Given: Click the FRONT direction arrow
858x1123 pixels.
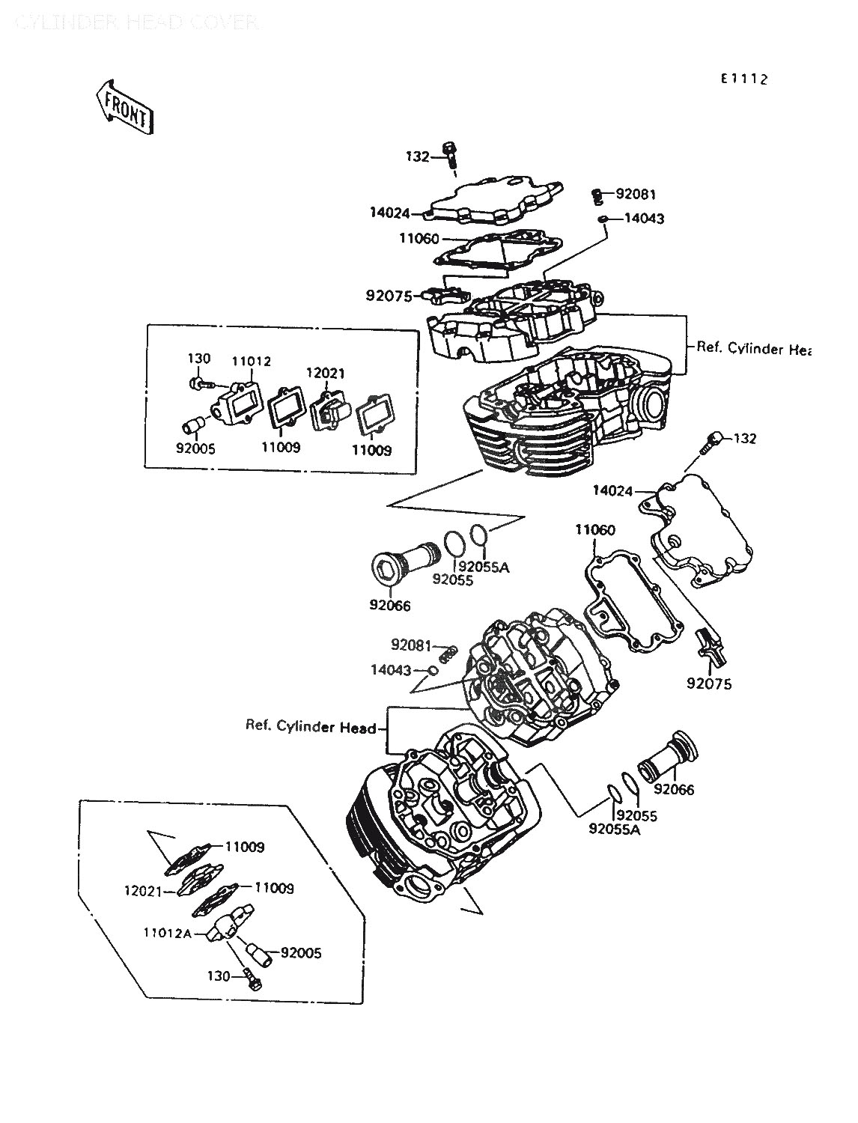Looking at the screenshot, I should (x=125, y=108).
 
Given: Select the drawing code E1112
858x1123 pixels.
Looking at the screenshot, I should (x=744, y=79).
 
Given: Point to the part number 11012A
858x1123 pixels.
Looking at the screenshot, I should (x=168, y=933).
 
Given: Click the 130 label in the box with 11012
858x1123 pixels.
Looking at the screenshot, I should (x=198, y=359).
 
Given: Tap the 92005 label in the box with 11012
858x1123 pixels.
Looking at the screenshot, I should (x=196, y=450).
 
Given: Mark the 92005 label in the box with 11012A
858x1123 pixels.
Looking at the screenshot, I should (x=301, y=953).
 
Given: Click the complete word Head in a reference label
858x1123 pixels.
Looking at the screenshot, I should (x=358, y=726).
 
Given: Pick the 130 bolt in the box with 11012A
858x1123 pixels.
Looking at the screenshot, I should (x=254, y=979).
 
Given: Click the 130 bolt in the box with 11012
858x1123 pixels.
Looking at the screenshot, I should (x=198, y=384).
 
